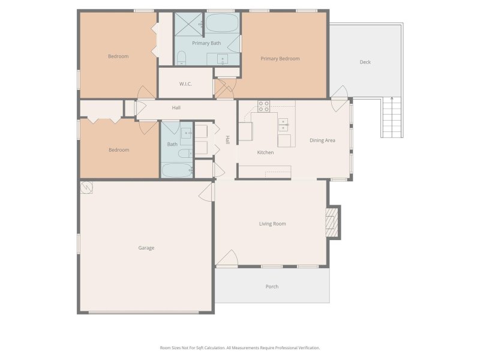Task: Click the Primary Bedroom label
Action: [x=280, y=59]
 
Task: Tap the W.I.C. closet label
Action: [x=185, y=84]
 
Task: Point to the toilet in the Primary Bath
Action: [x=181, y=58]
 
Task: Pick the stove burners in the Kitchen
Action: [x=263, y=106]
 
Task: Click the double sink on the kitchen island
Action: [x=284, y=125]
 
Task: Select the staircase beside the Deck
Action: [x=391, y=118]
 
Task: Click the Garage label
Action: [x=146, y=248]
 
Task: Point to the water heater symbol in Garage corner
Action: [x=88, y=187]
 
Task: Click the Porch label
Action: [x=272, y=287]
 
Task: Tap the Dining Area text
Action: [x=322, y=140]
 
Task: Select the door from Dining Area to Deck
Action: [x=340, y=93]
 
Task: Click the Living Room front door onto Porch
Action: [x=226, y=260]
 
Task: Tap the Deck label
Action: [x=365, y=62]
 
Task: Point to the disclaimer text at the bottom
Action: [x=240, y=348]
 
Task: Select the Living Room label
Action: [x=272, y=224]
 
